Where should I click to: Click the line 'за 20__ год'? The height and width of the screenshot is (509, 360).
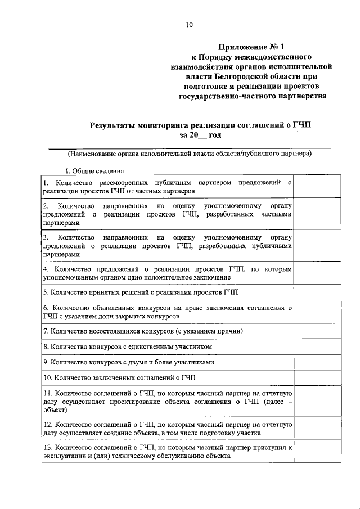[x=200, y=136]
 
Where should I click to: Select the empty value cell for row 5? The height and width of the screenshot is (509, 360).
[x=317, y=292]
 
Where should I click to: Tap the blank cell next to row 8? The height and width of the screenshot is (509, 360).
[x=317, y=348]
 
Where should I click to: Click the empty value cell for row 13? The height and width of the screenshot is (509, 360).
[x=317, y=452]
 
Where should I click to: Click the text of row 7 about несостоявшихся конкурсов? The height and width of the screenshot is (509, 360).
[x=143, y=331]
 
